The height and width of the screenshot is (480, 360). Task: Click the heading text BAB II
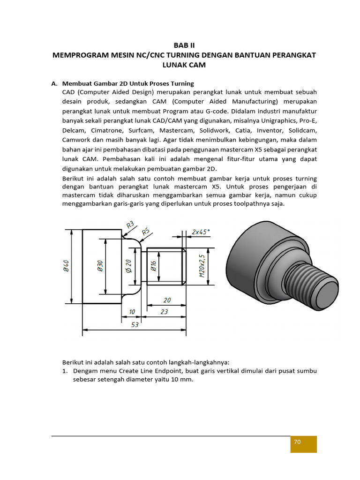184,45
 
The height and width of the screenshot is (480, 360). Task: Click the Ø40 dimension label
66,266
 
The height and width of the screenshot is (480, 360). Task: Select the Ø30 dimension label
100,266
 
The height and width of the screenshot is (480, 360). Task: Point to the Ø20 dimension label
128,266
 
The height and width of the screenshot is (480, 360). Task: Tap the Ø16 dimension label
153,266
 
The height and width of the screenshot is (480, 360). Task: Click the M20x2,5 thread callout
202,266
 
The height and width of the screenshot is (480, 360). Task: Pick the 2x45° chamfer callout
201,232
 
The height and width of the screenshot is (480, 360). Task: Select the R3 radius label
130,225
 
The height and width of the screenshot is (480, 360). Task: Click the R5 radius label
146,231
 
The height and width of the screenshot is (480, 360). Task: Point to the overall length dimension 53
135,324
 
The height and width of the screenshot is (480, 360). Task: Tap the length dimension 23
164,311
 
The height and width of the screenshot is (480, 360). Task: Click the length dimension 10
132,311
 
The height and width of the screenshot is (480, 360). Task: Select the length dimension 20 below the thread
167,300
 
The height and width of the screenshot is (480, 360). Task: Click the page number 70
297,442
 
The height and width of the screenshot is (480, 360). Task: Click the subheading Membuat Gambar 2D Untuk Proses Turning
128,83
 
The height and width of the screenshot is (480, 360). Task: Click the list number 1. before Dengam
66,371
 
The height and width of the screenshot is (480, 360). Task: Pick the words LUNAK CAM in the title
184,65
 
